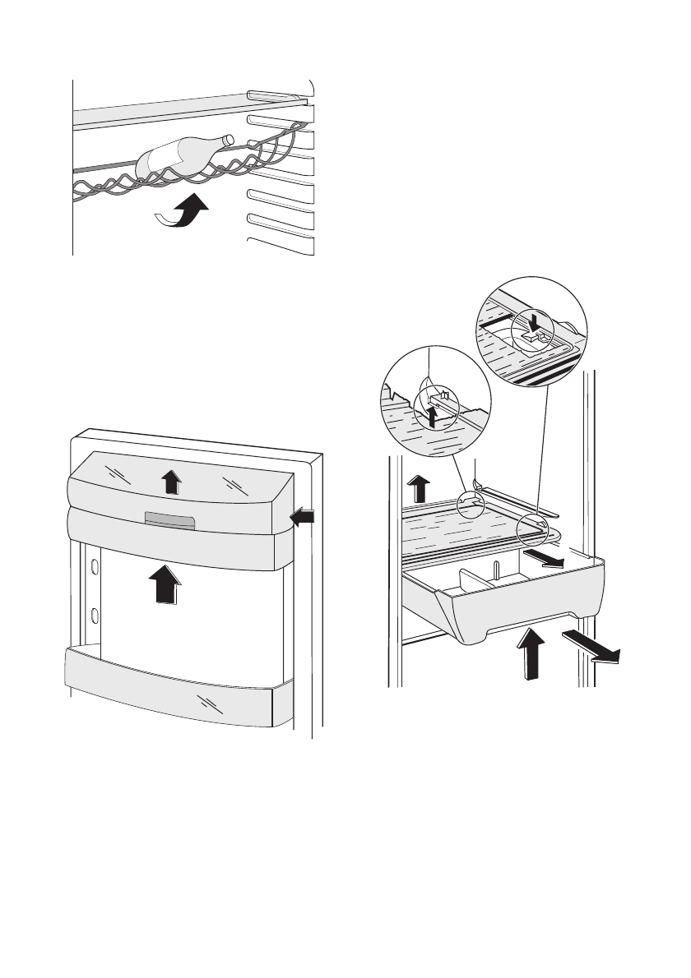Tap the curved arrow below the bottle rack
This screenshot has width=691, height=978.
point(183,212)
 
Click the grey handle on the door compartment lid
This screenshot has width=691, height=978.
point(169,520)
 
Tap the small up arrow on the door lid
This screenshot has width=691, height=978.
point(170,480)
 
